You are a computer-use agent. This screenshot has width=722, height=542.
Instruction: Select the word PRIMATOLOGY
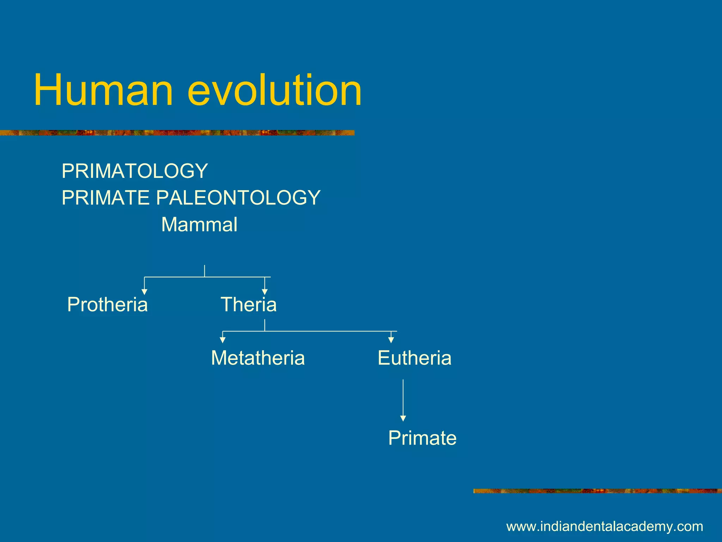(x=135, y=171)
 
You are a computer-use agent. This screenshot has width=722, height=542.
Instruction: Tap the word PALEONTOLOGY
(x=238, y=198)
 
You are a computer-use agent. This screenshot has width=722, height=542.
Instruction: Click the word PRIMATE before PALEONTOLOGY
(x=105, y=198)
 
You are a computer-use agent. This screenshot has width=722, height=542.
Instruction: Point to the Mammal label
(x=199, y=225)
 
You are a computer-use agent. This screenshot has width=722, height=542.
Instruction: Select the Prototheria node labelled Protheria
(x=107, y=305)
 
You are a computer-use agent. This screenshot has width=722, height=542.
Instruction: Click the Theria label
(x=249, y=305)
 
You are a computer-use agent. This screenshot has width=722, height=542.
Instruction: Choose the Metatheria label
(x=258, y=358)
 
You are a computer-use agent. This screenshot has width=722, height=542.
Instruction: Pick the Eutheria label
(x=414, y=358)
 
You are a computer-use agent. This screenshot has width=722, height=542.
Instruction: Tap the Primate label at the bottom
(x=422, y=438)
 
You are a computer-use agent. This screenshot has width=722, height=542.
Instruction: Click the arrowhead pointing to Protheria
(x=144, y=291)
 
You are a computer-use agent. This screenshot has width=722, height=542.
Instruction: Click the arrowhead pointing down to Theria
(x=265, y=291)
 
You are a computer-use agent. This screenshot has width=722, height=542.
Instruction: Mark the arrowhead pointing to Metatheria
(x=222, y=340)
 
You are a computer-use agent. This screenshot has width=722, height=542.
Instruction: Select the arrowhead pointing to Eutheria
(x=391, y=340)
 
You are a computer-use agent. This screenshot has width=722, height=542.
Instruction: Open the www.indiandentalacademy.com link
(x=605, y=526)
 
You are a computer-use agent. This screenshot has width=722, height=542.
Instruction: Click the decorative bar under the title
(x=176, y=133)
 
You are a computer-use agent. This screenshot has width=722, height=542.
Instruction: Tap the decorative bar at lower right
(x=597, y=491)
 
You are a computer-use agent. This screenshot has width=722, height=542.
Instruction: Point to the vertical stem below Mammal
(x=204, y=271)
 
